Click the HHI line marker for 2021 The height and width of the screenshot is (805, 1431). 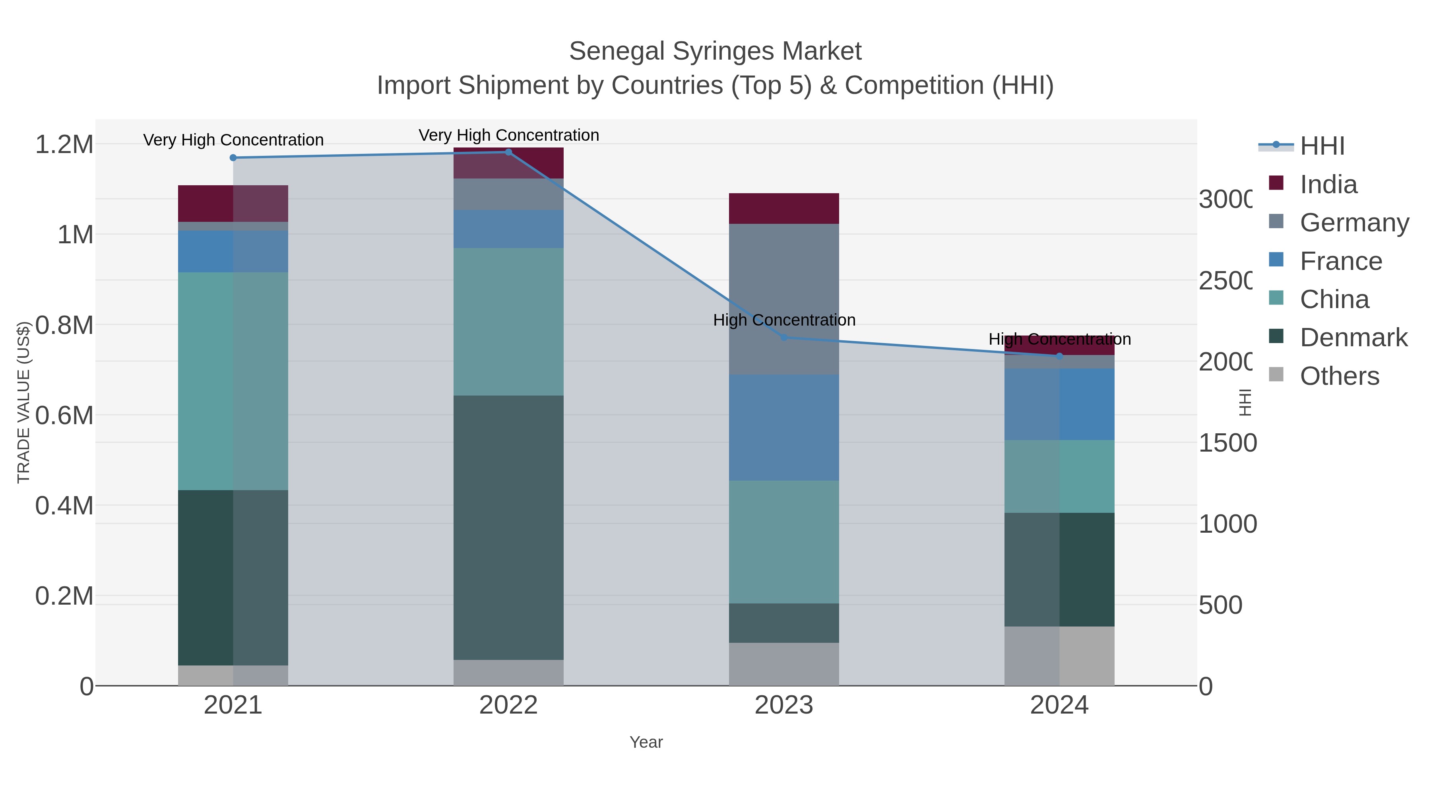pyautogui.click(x=233, y=158)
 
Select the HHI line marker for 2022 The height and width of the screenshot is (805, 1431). pyautogui.click(x=508, y=152)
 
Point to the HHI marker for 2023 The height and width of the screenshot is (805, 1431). pyautogui.click(x=784, y=337)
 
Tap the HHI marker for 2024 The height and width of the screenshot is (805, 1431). pyautogui.click(x=1059, y=356)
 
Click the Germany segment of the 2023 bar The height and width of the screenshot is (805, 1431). pyautogui.click(x=784, y=299)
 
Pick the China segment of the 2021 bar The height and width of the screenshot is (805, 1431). pyautogui.click(x=233, y=381)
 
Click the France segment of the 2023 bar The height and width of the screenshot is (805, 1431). pyautogui.click(x=784, y=427)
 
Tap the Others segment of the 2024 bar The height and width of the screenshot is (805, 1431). pyautogui.click(x=1059, y=656)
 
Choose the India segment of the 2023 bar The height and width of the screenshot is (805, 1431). pyautogui.click(x=784, y=208)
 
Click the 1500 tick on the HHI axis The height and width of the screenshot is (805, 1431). pyautogui.click(x=1227, y=443)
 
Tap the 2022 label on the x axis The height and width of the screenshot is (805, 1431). pyautogui.click(x=508, y=705)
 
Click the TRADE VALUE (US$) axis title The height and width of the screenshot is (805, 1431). pyautogui.click(x=23, y=402)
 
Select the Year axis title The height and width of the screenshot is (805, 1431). pyautogui.click(x=646, y=742)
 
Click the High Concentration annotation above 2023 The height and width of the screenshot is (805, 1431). pyautogui.click(x=784, y=320)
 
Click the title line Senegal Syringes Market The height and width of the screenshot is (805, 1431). pyautogui.click(x=715, y=51)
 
